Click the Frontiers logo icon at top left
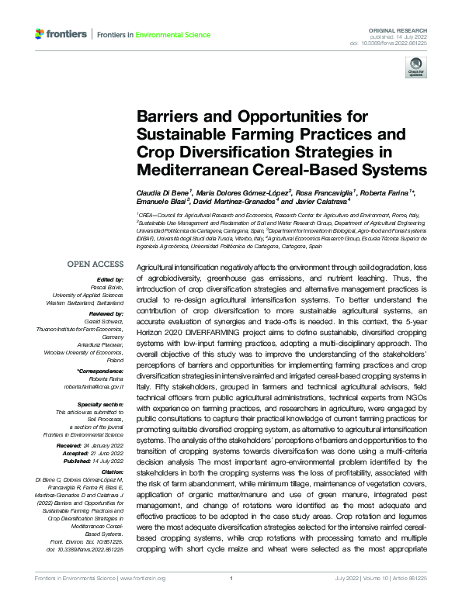pyautogui.click(x=40, y=34)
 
